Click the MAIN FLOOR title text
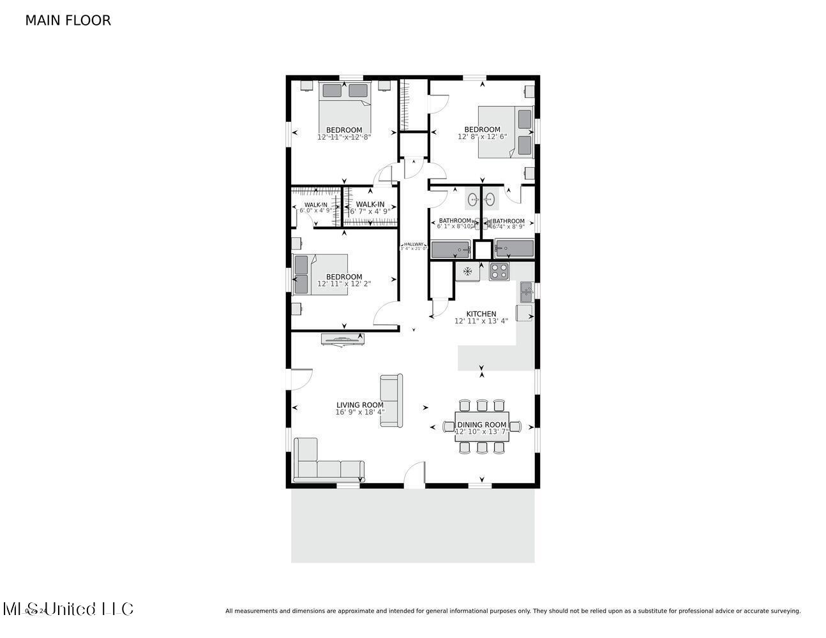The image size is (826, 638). pyautogui.click(x=68, y=20)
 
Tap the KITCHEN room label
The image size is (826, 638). pyautogui.click(x=481, y=314)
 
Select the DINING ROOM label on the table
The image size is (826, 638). pyautogui.click(x=481, y=424)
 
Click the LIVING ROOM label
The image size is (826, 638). pyautogui.click(x=360, y=405)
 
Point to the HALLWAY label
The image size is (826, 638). pyautogui.click(x=414, y=244)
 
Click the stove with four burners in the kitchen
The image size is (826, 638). pyautogui.click(x=499, y=271)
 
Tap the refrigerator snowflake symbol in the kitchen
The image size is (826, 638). pyautogui.click(x=467, y=271)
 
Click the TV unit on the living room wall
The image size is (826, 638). pyautogui.click(x=344, y=339)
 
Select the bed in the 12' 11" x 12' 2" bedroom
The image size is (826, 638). pyautogui.click(x=320, y=274)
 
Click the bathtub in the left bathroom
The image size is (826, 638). pyautogui.click(x=450, y=249)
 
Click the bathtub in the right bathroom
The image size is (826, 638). pyautogui.click(x=514, y=249)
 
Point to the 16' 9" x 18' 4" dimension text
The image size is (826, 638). pyautogui.click(x=360, y=412)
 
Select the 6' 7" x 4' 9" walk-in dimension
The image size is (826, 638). pyautogui.click(x=370, y=211)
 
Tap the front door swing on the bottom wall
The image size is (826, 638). pyautogui.click(x=415, y=476)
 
